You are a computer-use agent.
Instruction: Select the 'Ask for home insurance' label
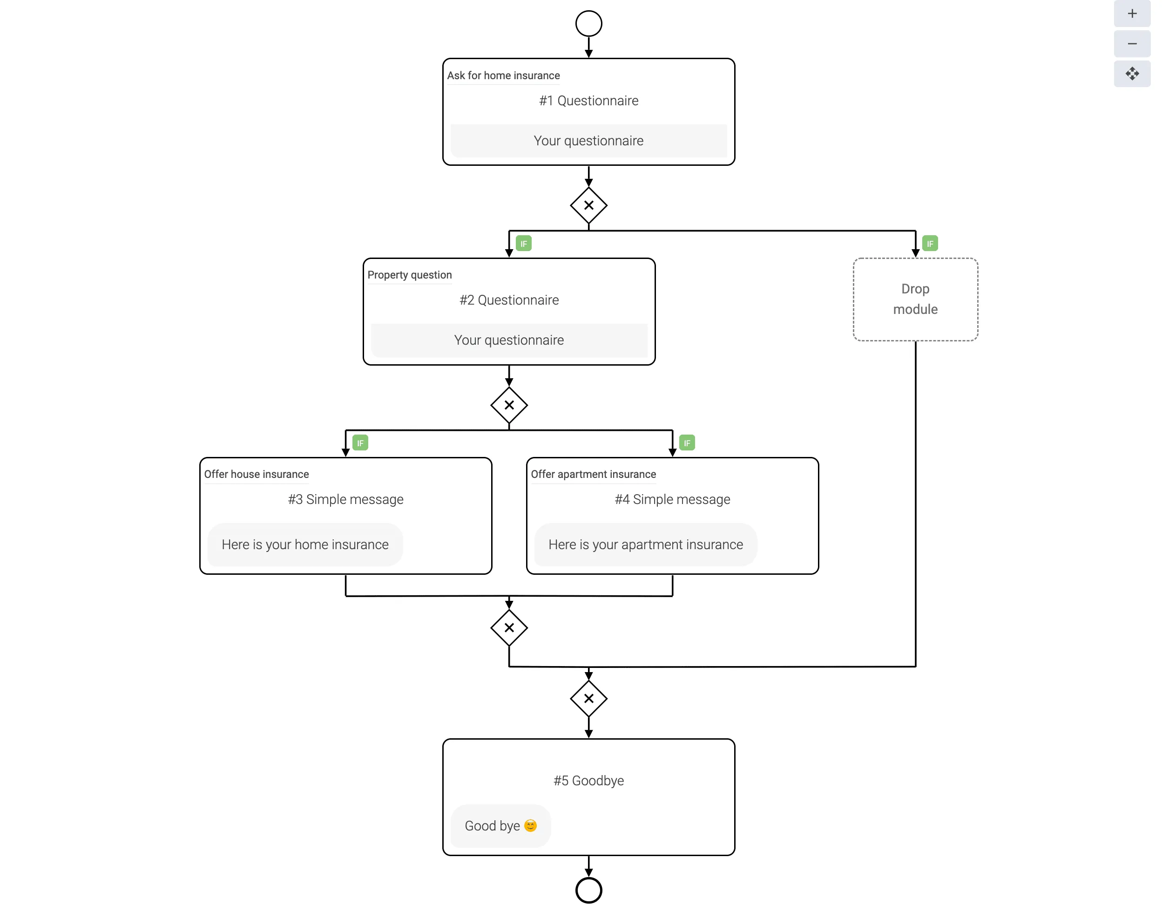coord(503,76)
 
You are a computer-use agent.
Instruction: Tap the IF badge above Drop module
coord(929,244)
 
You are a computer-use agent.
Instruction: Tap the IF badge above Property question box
coord(523,244)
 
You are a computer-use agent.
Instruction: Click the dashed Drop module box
coord(915,299)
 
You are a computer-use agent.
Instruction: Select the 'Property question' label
coord(409,275)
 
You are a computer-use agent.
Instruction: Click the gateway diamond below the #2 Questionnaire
coord(509,405)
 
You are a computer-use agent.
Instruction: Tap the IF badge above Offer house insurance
coord(360,442)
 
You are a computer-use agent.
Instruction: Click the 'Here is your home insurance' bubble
coord(305,544)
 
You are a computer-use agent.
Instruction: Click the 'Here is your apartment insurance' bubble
coord(645,544)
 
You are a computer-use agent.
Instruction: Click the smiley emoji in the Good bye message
coord(530,825)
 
